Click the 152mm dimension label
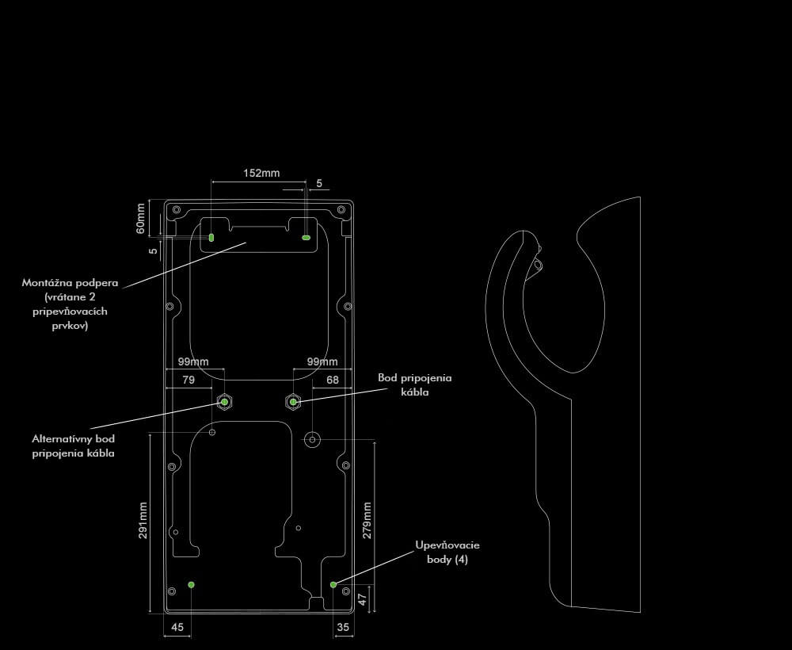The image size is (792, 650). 261,173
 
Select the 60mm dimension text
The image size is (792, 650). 141,218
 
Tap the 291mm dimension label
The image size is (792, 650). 143,520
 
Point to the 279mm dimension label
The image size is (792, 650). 367,520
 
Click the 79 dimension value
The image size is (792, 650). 188,380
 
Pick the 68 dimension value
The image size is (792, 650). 333,380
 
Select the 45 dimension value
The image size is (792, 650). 177,627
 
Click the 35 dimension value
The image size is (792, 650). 342,627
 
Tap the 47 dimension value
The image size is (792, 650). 362,598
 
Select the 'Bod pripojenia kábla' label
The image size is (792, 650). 415,384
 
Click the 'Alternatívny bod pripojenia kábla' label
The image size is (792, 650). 73,445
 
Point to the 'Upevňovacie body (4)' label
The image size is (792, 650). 447,552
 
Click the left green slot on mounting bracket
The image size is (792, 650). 211,237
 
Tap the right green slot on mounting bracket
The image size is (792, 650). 307,236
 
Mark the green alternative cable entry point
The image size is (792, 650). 224,403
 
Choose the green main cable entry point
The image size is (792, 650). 294,403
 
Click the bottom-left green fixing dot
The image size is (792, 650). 191,584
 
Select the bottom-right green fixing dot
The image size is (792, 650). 333,584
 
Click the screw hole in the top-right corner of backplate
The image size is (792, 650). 341,209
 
